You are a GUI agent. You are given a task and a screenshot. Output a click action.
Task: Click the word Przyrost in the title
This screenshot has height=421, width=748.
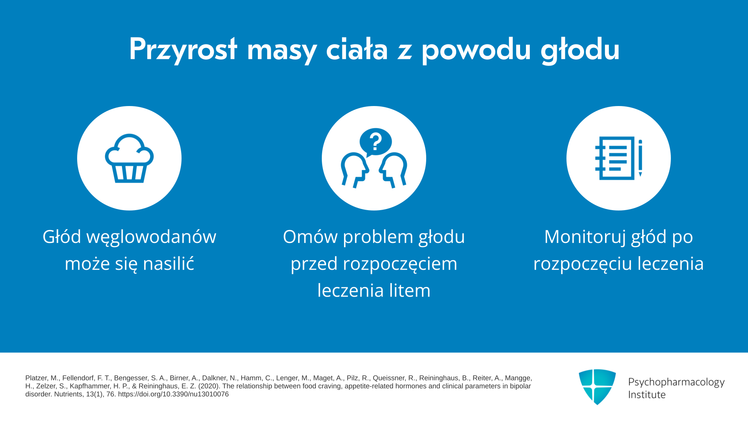pyautogui.click(x=183, y=50)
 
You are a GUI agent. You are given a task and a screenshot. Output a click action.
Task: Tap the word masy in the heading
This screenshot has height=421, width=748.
pyautogui.click(x=282, y=52)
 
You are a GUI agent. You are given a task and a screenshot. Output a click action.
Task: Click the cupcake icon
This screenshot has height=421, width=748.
pyautogui.click(x=129, y=158)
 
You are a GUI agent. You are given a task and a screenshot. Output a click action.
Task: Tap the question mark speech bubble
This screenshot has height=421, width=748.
pyautogui.click(x=376, y=142)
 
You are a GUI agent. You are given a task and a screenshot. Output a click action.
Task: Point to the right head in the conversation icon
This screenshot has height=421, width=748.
pyautogui.click(x=393, y=170)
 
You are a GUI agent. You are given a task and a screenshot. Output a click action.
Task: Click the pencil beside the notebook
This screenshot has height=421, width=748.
pyautogui.click(x=640, y=158)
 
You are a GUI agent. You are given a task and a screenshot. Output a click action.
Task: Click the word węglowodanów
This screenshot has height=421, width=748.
pyautogui.click(x=151, y=237)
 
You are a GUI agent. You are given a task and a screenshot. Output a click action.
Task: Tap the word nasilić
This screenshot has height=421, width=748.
pyautogui.click(x=168, y=264)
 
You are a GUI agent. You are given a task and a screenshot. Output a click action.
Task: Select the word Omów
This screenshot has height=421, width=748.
pyautogui.click(x=310, y=237)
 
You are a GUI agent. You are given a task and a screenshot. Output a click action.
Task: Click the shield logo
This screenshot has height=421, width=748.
pyautogui.click(x=597, y=387)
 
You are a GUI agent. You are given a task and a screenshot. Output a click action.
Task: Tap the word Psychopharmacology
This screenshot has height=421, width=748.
pyautogui.click(x=676, y=382)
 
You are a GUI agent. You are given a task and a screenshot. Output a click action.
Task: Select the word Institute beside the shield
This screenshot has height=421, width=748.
pyautogui.click(x=647, y=395)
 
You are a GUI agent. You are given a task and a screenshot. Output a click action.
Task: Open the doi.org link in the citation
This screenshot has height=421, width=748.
pyautogui.click(x=173, y=394)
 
